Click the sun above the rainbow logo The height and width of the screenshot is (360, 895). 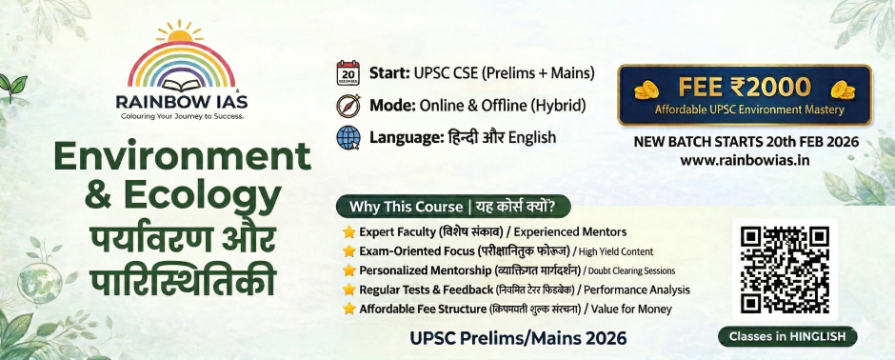coord(180,33)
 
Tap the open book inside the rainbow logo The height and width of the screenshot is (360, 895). coord(182,86)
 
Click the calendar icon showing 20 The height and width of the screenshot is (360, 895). coord(348,73)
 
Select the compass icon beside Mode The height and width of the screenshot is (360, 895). coord(348,106)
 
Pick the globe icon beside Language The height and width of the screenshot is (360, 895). coord(348,137)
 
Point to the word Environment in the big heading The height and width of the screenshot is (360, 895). coord(182,156)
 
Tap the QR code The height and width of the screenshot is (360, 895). coord(785,270)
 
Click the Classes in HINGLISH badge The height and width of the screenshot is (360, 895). coord(787,336)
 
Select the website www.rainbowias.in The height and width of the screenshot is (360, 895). coord(745,160)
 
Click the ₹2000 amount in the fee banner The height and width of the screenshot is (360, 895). coord(769,87)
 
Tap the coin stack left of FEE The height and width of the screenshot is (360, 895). coord(646,89)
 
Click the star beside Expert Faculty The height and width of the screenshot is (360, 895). coord(348,231)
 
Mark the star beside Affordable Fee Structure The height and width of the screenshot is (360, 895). coord(348,309)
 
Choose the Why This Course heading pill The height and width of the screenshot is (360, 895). coord(453,207)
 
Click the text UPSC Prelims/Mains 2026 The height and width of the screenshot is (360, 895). coord(518,338)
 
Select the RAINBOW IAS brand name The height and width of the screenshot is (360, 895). coord(182,102)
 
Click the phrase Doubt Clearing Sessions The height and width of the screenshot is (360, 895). coord(631,270)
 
